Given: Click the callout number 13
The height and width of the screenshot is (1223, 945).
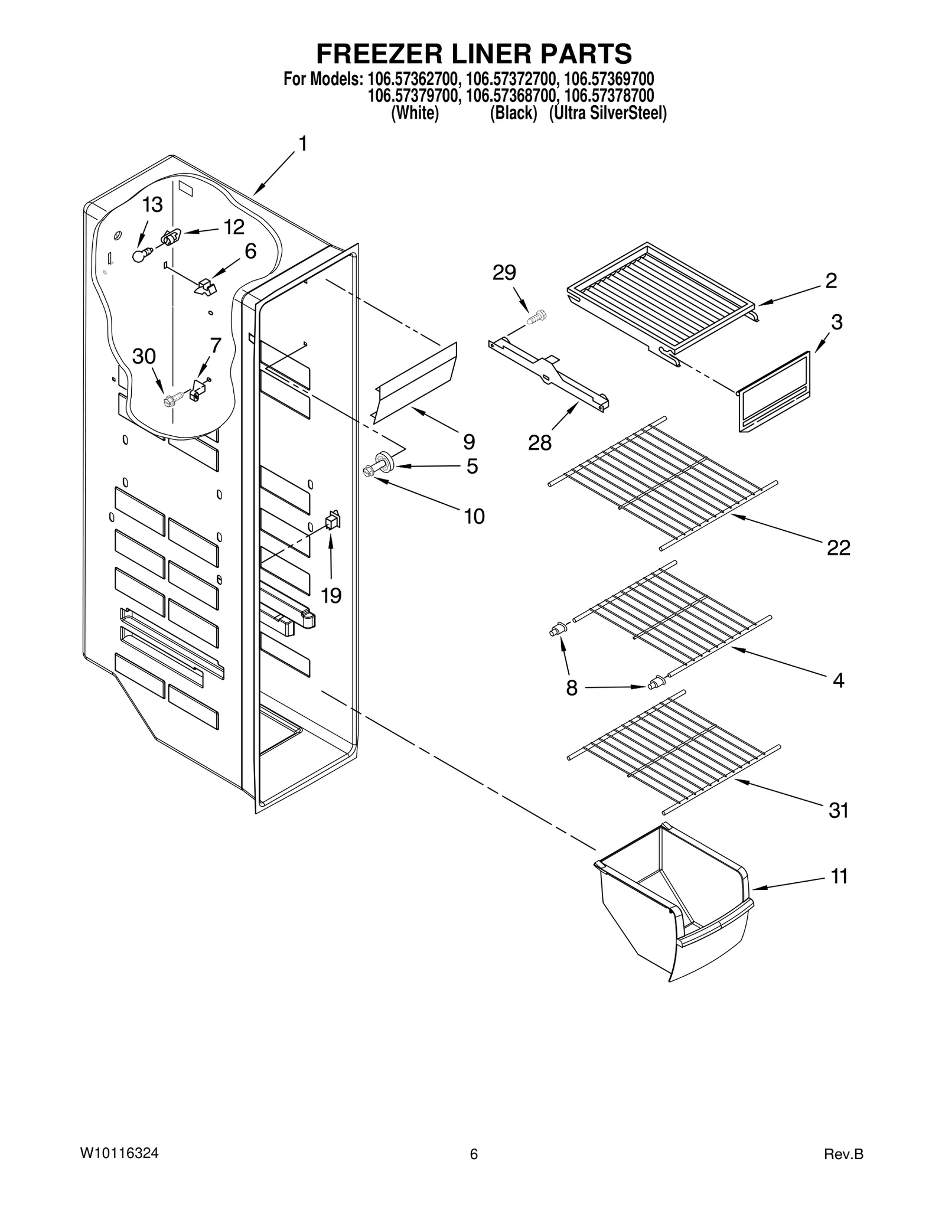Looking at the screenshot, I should (152, 205).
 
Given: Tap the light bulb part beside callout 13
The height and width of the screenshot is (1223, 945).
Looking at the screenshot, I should (140, 255).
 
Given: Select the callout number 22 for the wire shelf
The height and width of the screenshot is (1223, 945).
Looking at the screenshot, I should (838, 548).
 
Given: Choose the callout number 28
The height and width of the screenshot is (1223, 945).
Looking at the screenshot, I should (539, 442).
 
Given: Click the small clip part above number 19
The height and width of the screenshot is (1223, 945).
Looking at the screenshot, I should (333, 520).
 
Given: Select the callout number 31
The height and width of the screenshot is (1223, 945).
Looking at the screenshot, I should (838, 811).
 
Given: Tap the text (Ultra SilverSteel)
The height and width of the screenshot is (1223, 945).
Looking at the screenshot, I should (608, 113).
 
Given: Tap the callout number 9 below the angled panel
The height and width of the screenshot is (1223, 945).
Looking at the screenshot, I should (468, 441).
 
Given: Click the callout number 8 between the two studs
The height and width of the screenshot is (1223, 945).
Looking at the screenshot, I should (571, 689).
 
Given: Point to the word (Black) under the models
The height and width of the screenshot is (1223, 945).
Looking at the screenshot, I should (513, 113).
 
